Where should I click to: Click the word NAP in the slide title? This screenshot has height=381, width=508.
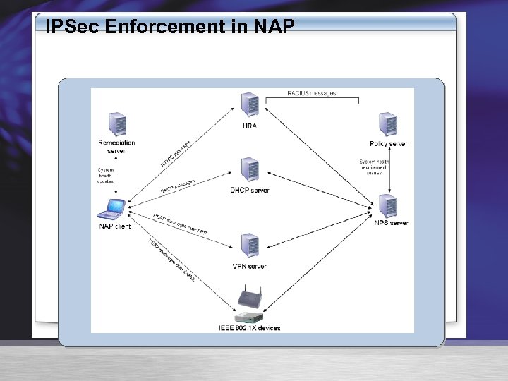[273, 28]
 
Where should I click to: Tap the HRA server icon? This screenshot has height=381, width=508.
[249, 105]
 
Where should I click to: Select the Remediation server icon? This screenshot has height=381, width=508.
[117, 124]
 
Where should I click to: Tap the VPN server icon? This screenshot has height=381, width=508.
[249, 246]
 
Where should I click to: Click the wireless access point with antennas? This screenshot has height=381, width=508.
[248, 296]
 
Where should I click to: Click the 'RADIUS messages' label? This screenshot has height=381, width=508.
[312, 93]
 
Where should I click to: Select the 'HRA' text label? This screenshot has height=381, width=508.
[249, 126]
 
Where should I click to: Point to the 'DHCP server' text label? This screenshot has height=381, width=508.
[250, 190]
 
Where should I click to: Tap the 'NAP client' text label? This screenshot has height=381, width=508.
[114, 226]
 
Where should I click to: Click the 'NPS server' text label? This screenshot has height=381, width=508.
[392, 223]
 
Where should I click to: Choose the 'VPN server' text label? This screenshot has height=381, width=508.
[249, 267]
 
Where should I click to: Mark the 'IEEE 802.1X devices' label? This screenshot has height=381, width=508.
[249, 328]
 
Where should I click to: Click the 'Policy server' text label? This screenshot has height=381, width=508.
[389, 144]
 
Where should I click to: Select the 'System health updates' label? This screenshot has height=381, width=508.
[105, 176]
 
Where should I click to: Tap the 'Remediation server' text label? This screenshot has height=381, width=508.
[116, 147]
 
